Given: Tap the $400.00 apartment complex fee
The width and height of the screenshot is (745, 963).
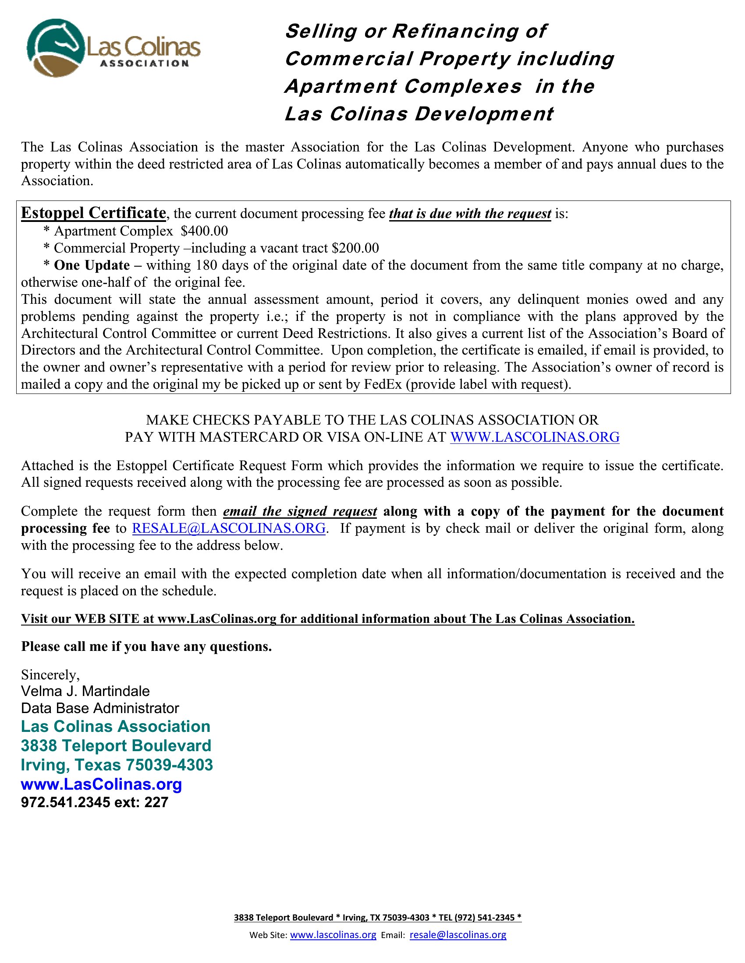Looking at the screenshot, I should tap(204, 231).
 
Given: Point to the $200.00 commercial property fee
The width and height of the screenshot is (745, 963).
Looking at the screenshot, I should tap(355, 248).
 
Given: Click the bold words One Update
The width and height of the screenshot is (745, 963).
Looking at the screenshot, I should tap(91, 265).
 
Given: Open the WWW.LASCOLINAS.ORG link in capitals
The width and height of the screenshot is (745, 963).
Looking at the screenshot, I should tap(535, 437).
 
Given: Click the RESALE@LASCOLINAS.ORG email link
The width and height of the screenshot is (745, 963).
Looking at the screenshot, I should tap(229, 528).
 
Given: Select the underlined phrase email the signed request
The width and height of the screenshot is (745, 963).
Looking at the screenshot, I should tap(300, 511).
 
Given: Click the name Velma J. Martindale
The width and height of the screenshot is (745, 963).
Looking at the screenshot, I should tap(85, 691).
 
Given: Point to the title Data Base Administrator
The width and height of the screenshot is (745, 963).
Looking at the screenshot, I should tap(100, 708).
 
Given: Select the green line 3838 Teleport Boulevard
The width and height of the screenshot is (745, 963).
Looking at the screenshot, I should tap(116, 745).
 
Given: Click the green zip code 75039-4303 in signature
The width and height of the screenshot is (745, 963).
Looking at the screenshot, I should tap(170, 765).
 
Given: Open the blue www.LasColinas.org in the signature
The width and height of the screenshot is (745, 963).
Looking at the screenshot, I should tap(102, 784).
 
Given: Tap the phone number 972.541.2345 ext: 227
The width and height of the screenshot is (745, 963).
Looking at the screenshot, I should tap(95, 802).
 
